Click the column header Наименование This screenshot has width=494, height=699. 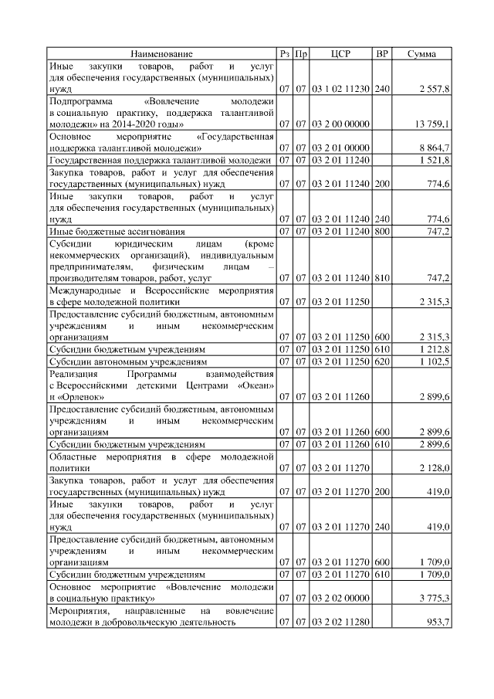click(x=161, y=54)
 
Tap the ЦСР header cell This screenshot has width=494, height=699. click(x=340, y=54)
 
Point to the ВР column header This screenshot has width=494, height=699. click(x=381, y=54)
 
